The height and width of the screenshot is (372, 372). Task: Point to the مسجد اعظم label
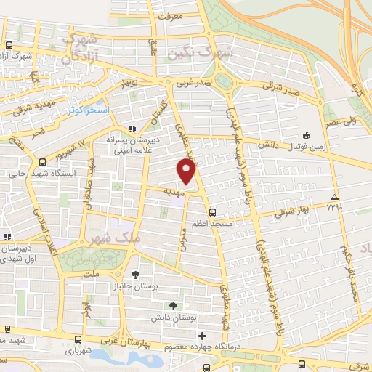tap(211, 225)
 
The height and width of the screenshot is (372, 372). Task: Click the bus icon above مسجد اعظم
tap(211, 212)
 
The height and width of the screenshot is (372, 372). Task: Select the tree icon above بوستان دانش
tap(172, 306)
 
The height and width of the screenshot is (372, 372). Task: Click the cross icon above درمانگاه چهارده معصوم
tap(202, 336)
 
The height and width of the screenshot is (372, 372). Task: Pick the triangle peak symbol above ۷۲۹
tap(334, 197)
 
